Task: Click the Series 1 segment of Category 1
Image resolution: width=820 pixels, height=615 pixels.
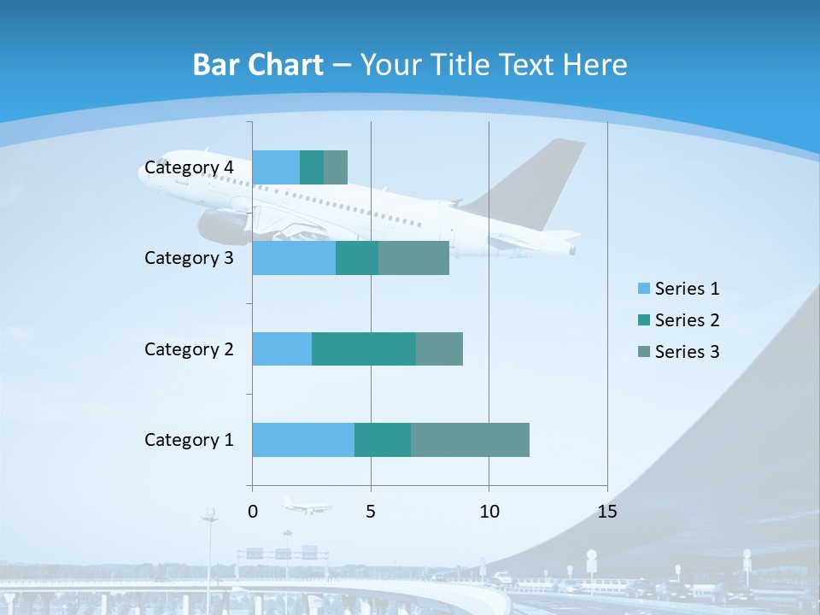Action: pos(303,440)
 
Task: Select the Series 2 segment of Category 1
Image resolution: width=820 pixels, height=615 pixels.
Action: pos(383,440)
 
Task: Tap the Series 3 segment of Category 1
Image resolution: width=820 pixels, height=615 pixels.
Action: pos(470,440)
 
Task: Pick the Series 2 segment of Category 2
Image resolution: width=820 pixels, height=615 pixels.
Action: pos(364,348)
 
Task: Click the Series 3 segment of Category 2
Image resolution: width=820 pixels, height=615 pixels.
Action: pos(439,348)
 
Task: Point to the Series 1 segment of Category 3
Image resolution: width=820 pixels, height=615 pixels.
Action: pos(294,258)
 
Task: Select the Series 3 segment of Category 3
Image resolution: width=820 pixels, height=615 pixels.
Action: pos(413,258)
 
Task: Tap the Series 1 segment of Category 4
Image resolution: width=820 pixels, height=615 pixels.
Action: pos(276,167)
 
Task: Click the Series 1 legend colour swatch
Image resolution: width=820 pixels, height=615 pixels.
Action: pos(644,289)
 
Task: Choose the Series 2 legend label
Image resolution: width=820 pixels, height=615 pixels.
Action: pos(687,320)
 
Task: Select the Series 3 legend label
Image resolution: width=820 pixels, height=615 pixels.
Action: pos(687,352)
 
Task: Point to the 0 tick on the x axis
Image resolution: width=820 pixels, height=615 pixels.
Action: pos(252,512)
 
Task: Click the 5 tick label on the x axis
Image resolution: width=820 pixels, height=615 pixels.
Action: pos(371,512)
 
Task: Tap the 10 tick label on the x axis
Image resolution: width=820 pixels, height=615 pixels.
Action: pos(489,512)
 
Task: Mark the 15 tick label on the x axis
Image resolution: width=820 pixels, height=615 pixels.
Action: pos(606,512)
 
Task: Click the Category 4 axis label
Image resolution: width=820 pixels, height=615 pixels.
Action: pos(189,167)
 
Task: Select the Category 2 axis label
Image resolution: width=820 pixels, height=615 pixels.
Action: pos(189,349)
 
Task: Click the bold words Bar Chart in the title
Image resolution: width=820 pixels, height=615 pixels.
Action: pos(258,65)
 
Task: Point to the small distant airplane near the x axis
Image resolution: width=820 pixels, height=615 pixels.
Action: pos(307,506)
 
